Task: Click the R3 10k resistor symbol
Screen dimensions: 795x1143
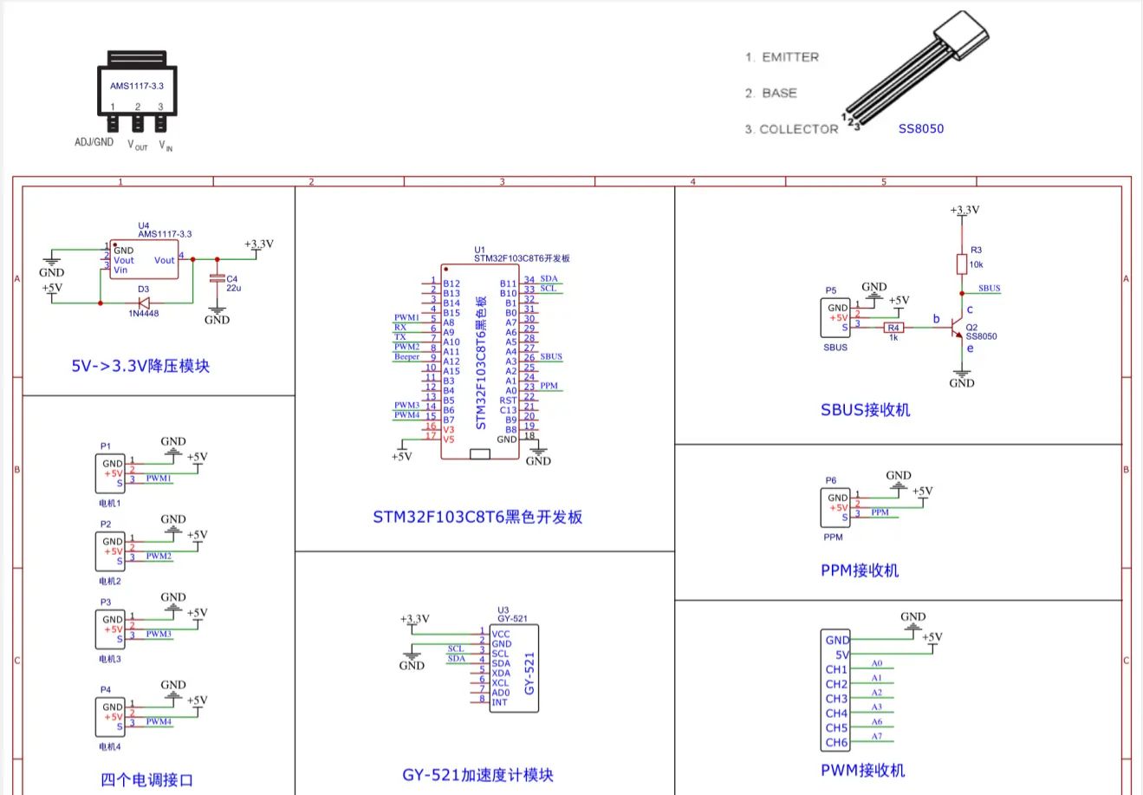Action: pyautogui.click(x=961, y=264)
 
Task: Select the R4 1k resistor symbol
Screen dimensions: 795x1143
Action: pyautogui.click(x=893, y=328)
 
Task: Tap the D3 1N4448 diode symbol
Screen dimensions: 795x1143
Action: pyautogui.click(x=144, y=303)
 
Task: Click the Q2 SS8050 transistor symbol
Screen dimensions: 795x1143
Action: pyautogui.click(x=958, y=329)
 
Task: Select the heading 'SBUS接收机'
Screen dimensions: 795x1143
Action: pyautogui.click(x=865, y=409)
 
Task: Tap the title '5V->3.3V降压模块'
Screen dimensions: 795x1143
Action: pyautogui.click(x=140, y=366)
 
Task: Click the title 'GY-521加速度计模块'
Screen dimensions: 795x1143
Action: pyautogui.click(x=477, y=775)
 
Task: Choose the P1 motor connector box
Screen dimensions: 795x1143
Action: pyautogui.click(x=110, y=474)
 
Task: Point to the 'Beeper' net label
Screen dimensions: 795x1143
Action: pyautogui.click(x=406, y=356)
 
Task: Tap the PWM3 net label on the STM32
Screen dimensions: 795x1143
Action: pyautogui.click(x=406, y=405)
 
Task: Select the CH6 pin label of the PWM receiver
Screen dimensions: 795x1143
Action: pyautogui.click(x=836, y=742)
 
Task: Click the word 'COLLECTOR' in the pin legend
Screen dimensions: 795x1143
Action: pyautogui.click(x=798, y=129)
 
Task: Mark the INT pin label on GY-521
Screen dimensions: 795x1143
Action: pyautogui.click(x=500, y=702)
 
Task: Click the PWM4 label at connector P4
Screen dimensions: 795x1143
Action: pyautogui.click(x=159, y=721)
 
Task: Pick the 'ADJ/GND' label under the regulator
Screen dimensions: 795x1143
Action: pyautogui.click(x=94, y=142)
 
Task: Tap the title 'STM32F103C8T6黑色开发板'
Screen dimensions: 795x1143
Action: pyautogui.click(x=477, y=518)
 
